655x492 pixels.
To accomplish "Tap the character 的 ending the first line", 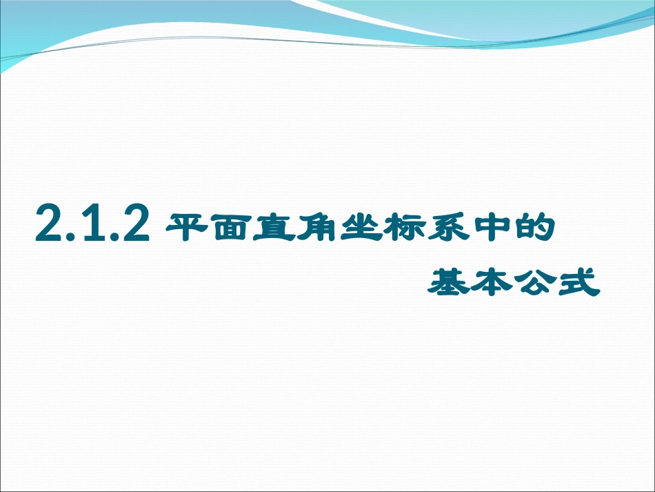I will (x=532, y=226).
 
